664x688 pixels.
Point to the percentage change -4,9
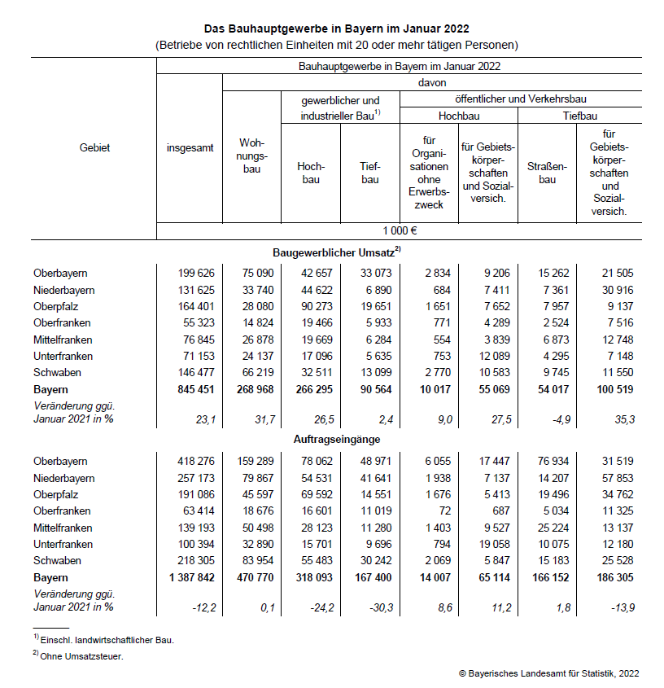(x=547, y=418)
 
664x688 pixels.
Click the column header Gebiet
(x=94, y=148)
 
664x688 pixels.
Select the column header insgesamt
(x=190, y=148)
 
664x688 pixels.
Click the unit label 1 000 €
(x=399, y=230)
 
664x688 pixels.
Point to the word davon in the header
(x=432, y=82)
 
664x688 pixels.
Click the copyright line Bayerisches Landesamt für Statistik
(x=549, y=673)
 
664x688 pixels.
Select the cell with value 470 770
(x=251, y=577)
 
